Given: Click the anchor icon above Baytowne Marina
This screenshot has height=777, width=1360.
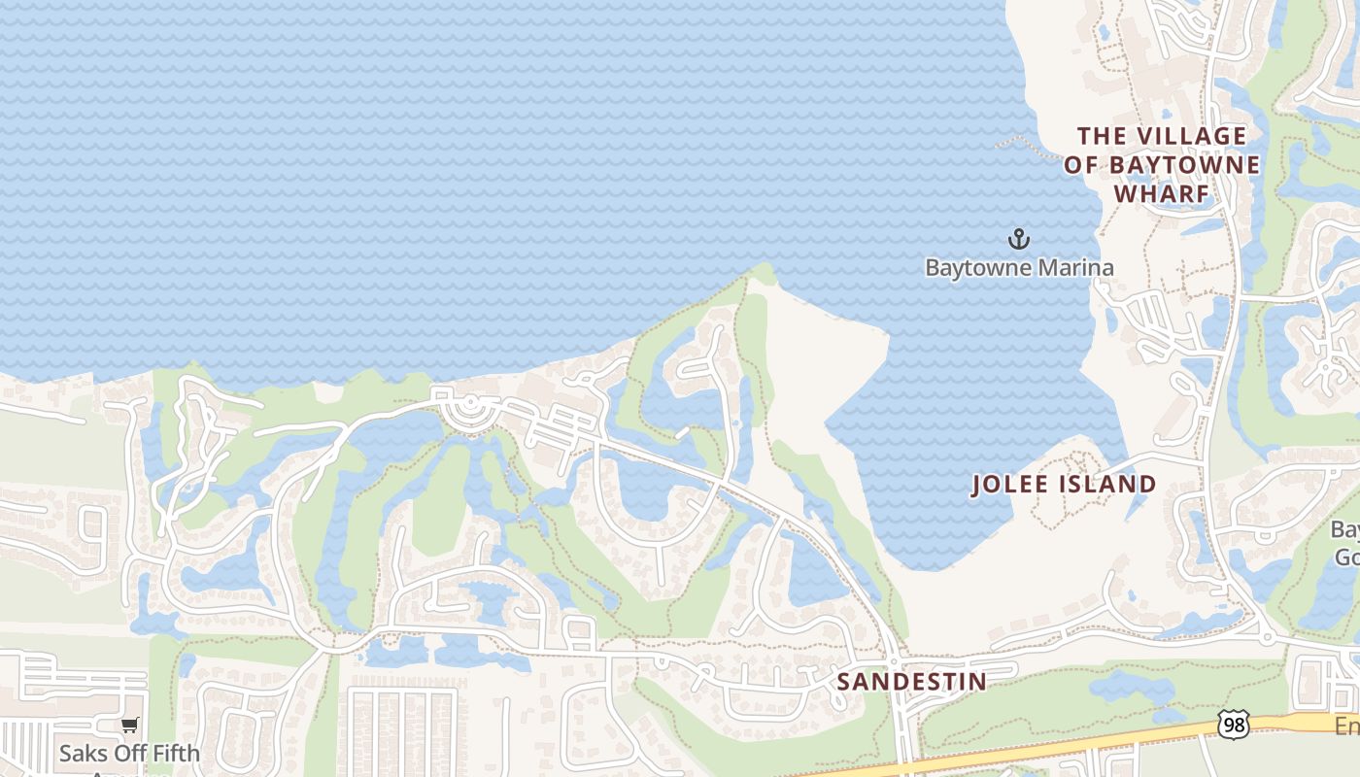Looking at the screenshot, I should pos(1018,238).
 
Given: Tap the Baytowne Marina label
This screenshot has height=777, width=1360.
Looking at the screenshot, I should pos(1019,267).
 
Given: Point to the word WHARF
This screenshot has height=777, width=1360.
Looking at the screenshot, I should pos(1161,194).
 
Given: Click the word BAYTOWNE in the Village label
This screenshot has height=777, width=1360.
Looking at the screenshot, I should pos(1185,165).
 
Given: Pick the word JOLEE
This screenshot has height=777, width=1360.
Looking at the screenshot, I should pos(1009,485).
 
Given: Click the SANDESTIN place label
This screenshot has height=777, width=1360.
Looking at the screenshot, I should pos(911,682).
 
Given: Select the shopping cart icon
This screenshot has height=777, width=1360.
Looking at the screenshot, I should pos(129,725).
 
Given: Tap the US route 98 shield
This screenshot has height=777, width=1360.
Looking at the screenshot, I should pos(1232,725).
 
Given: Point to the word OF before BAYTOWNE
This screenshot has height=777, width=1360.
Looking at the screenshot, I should pos(1080,165).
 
